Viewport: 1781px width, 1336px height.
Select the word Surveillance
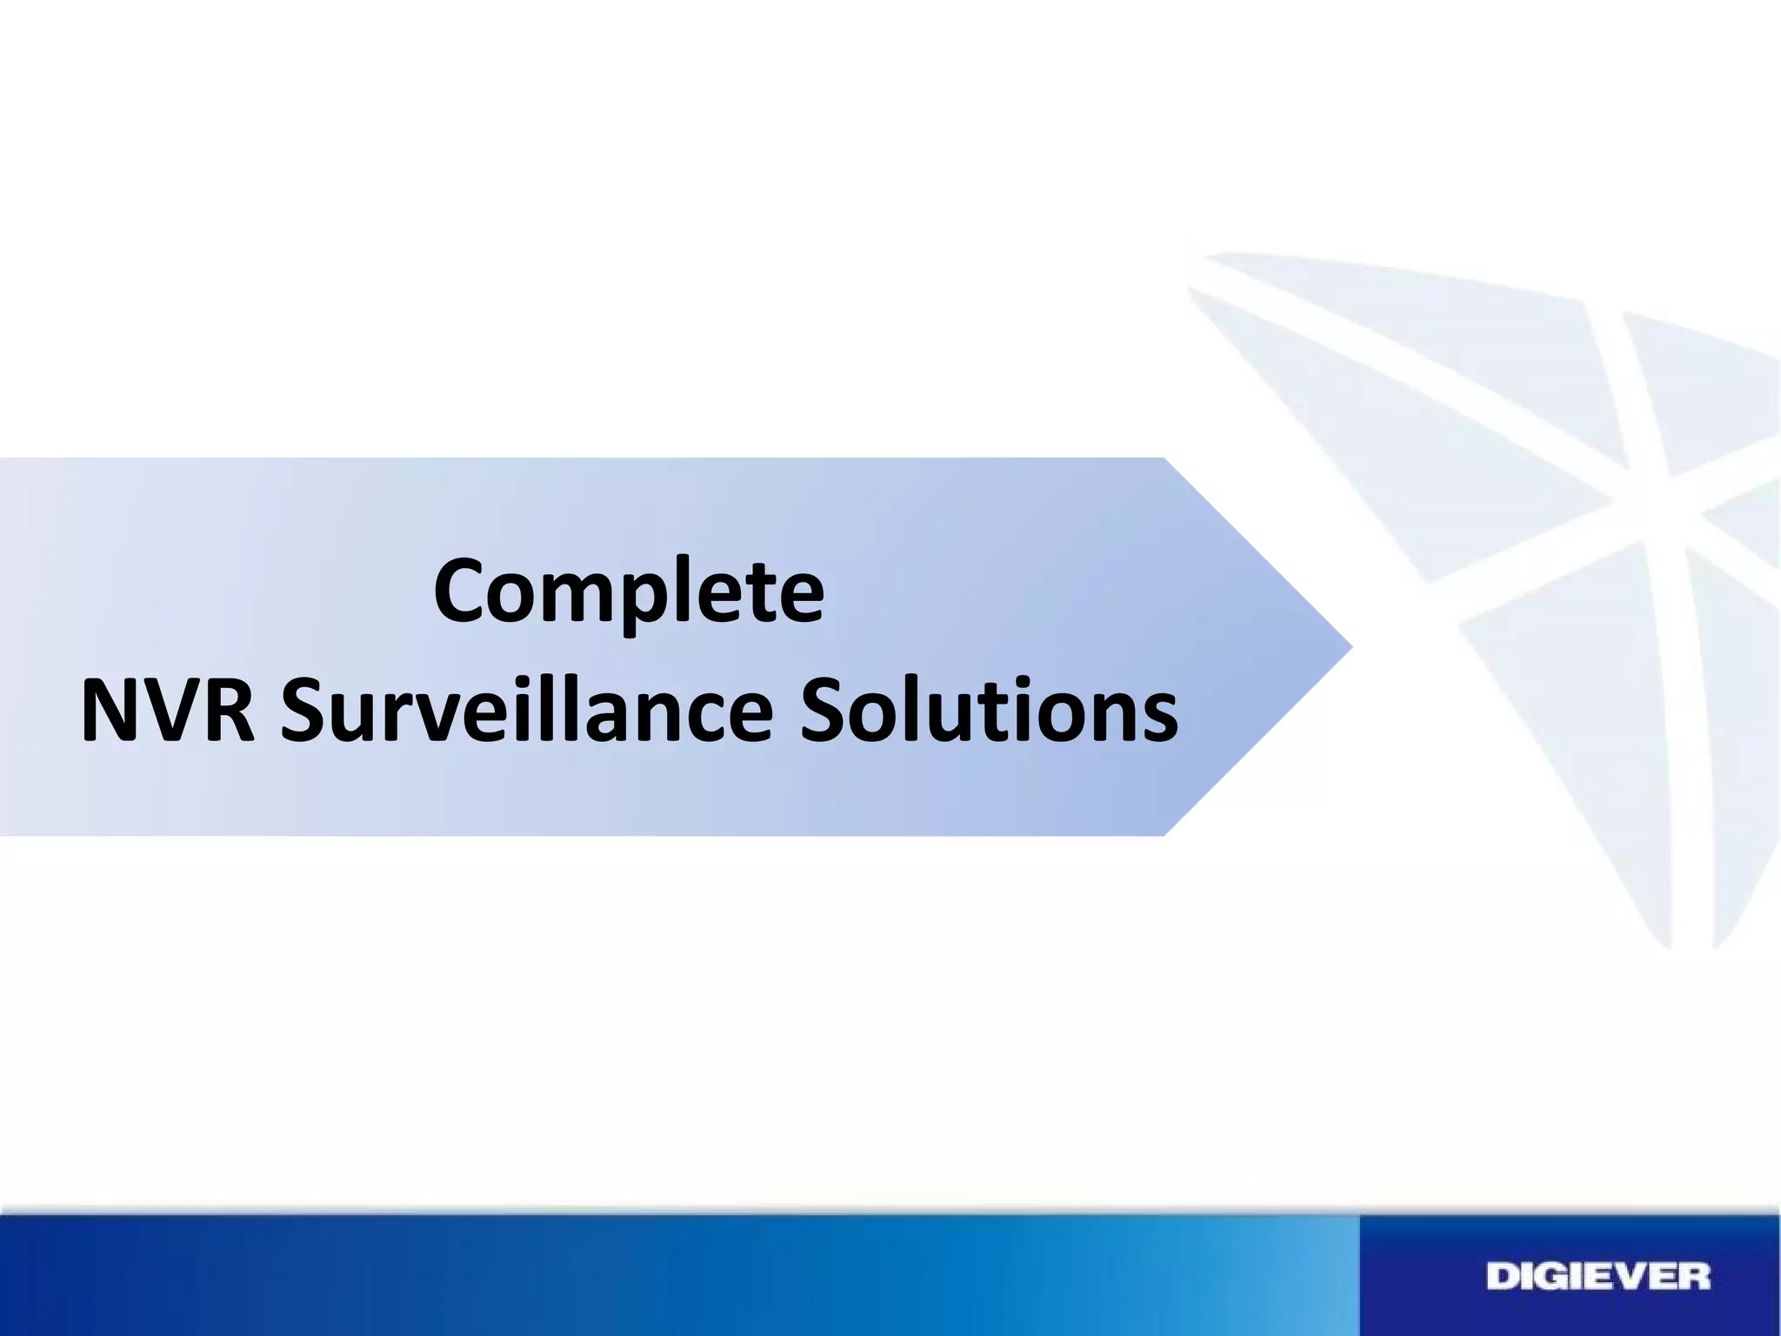coord(527,711)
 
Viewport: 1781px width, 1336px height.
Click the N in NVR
coord(110,711)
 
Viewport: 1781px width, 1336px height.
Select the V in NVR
coord(169,711)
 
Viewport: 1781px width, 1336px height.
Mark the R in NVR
coord(228,711)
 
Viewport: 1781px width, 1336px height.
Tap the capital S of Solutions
coord(825,711)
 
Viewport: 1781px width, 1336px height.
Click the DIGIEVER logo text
coord(1598,1278)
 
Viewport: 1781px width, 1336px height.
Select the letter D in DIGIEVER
coord(1503,1278)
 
